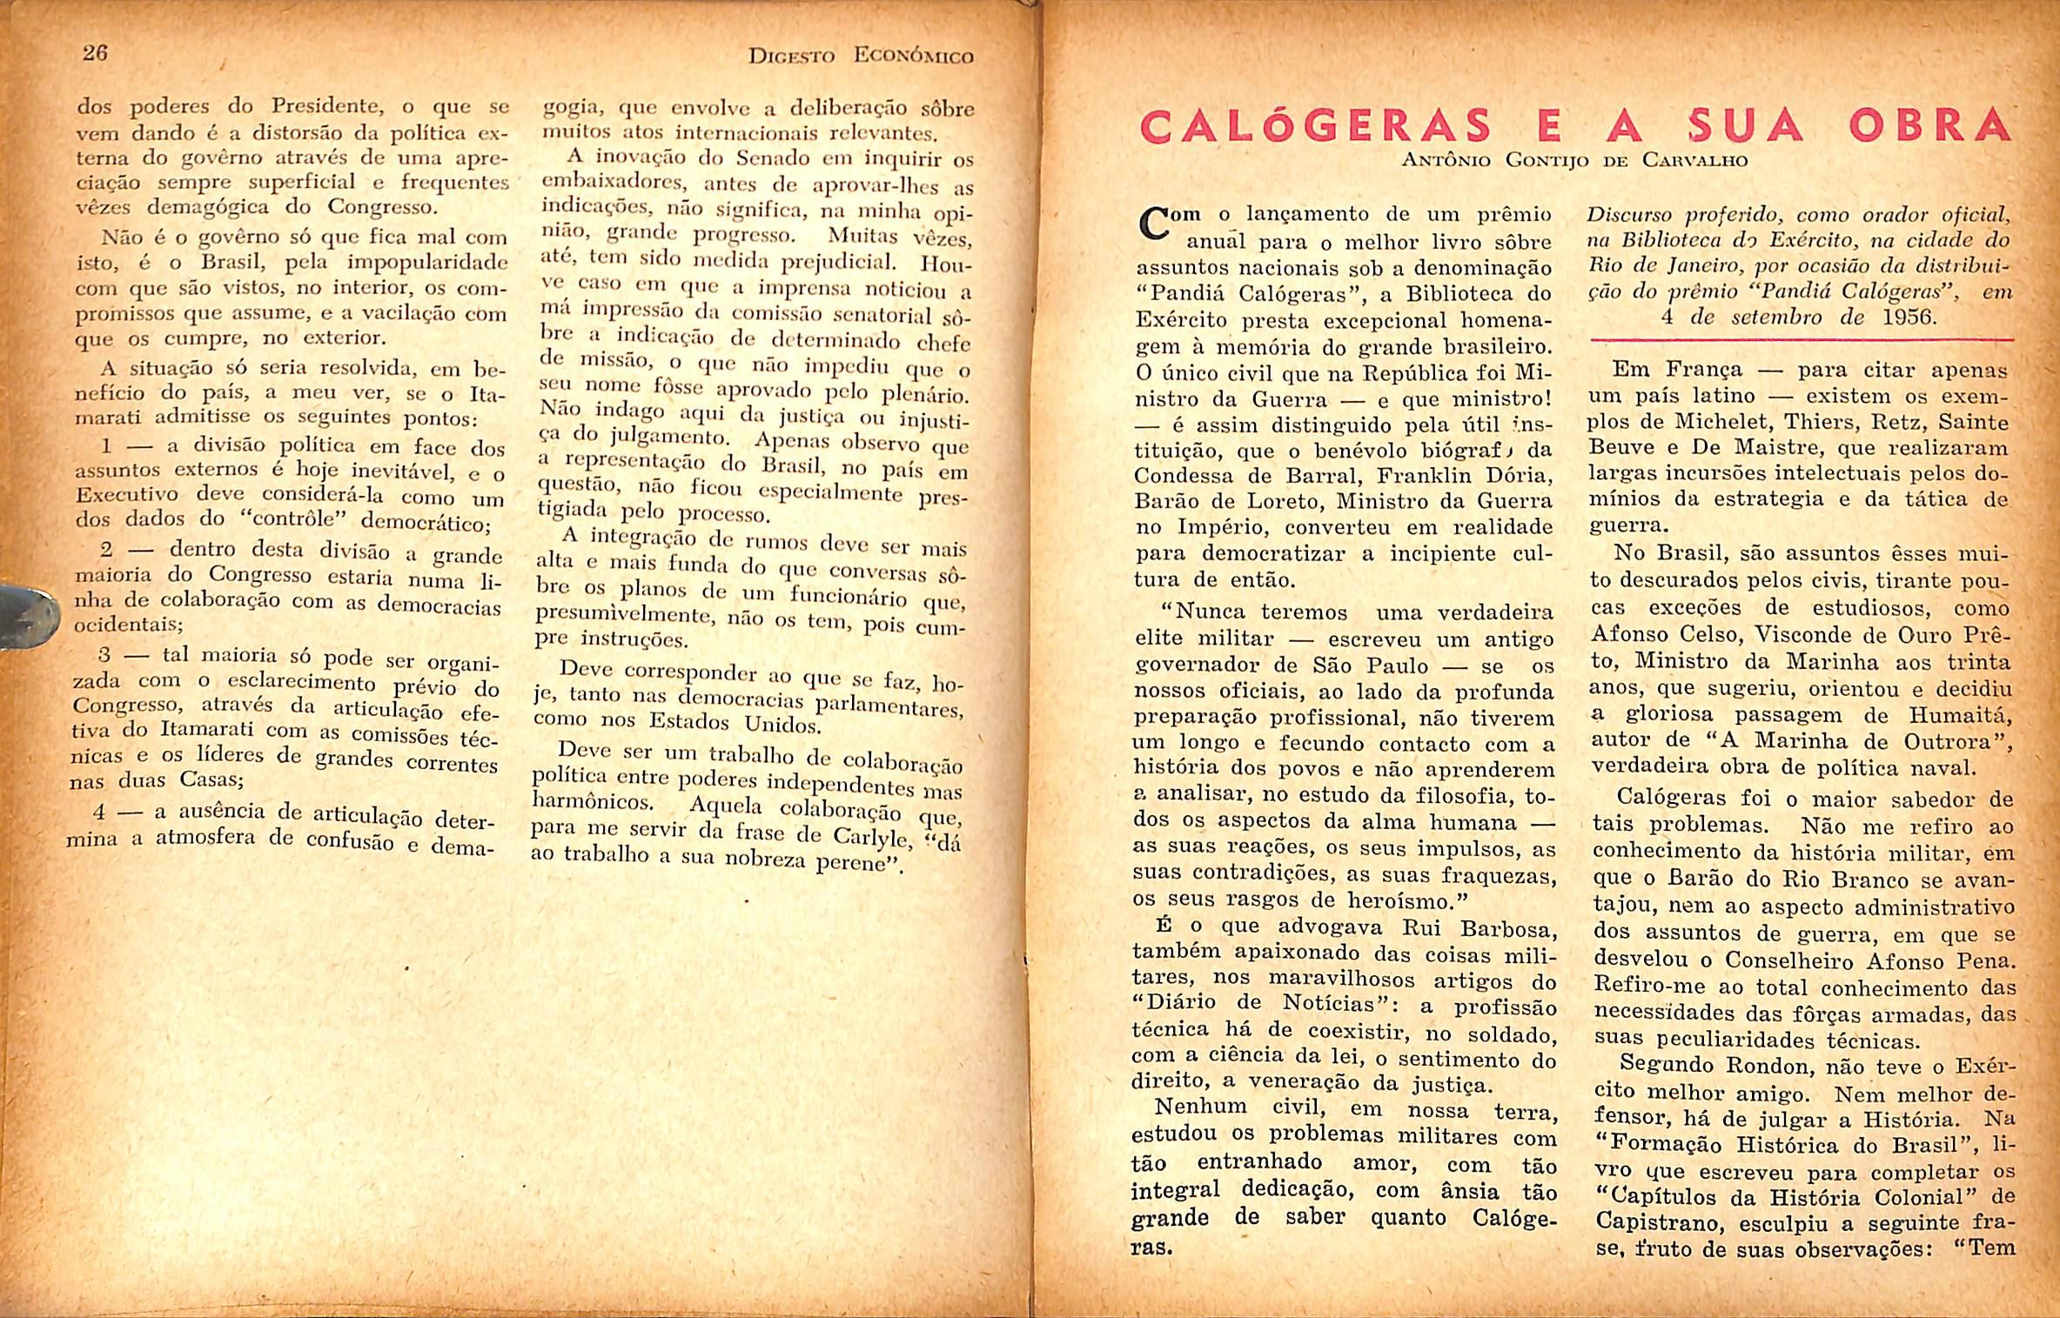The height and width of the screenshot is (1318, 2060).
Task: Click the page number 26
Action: (x=95, y=53)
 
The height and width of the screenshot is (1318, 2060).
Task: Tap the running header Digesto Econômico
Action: (x=860, y=57)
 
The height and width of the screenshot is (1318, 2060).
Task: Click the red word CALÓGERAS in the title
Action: (x=1315, y=127)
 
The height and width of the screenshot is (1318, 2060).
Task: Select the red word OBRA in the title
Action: (x=1930, y=127)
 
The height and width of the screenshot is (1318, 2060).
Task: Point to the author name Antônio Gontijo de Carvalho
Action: (x=1574, y=161)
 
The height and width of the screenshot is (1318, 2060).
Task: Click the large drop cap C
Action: (x=1155, y=224)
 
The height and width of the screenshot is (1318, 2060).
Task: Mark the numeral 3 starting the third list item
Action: (x=104, y=653)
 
